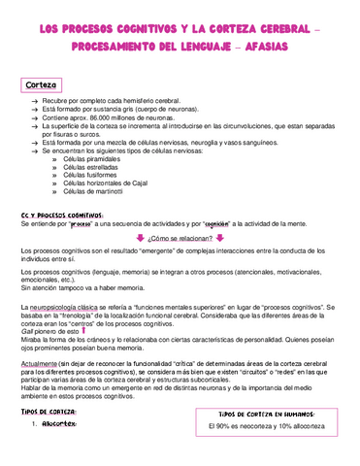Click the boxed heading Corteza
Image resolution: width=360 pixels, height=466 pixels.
pos(42,84)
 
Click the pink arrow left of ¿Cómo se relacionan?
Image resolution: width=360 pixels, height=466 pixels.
pos(140,237)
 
